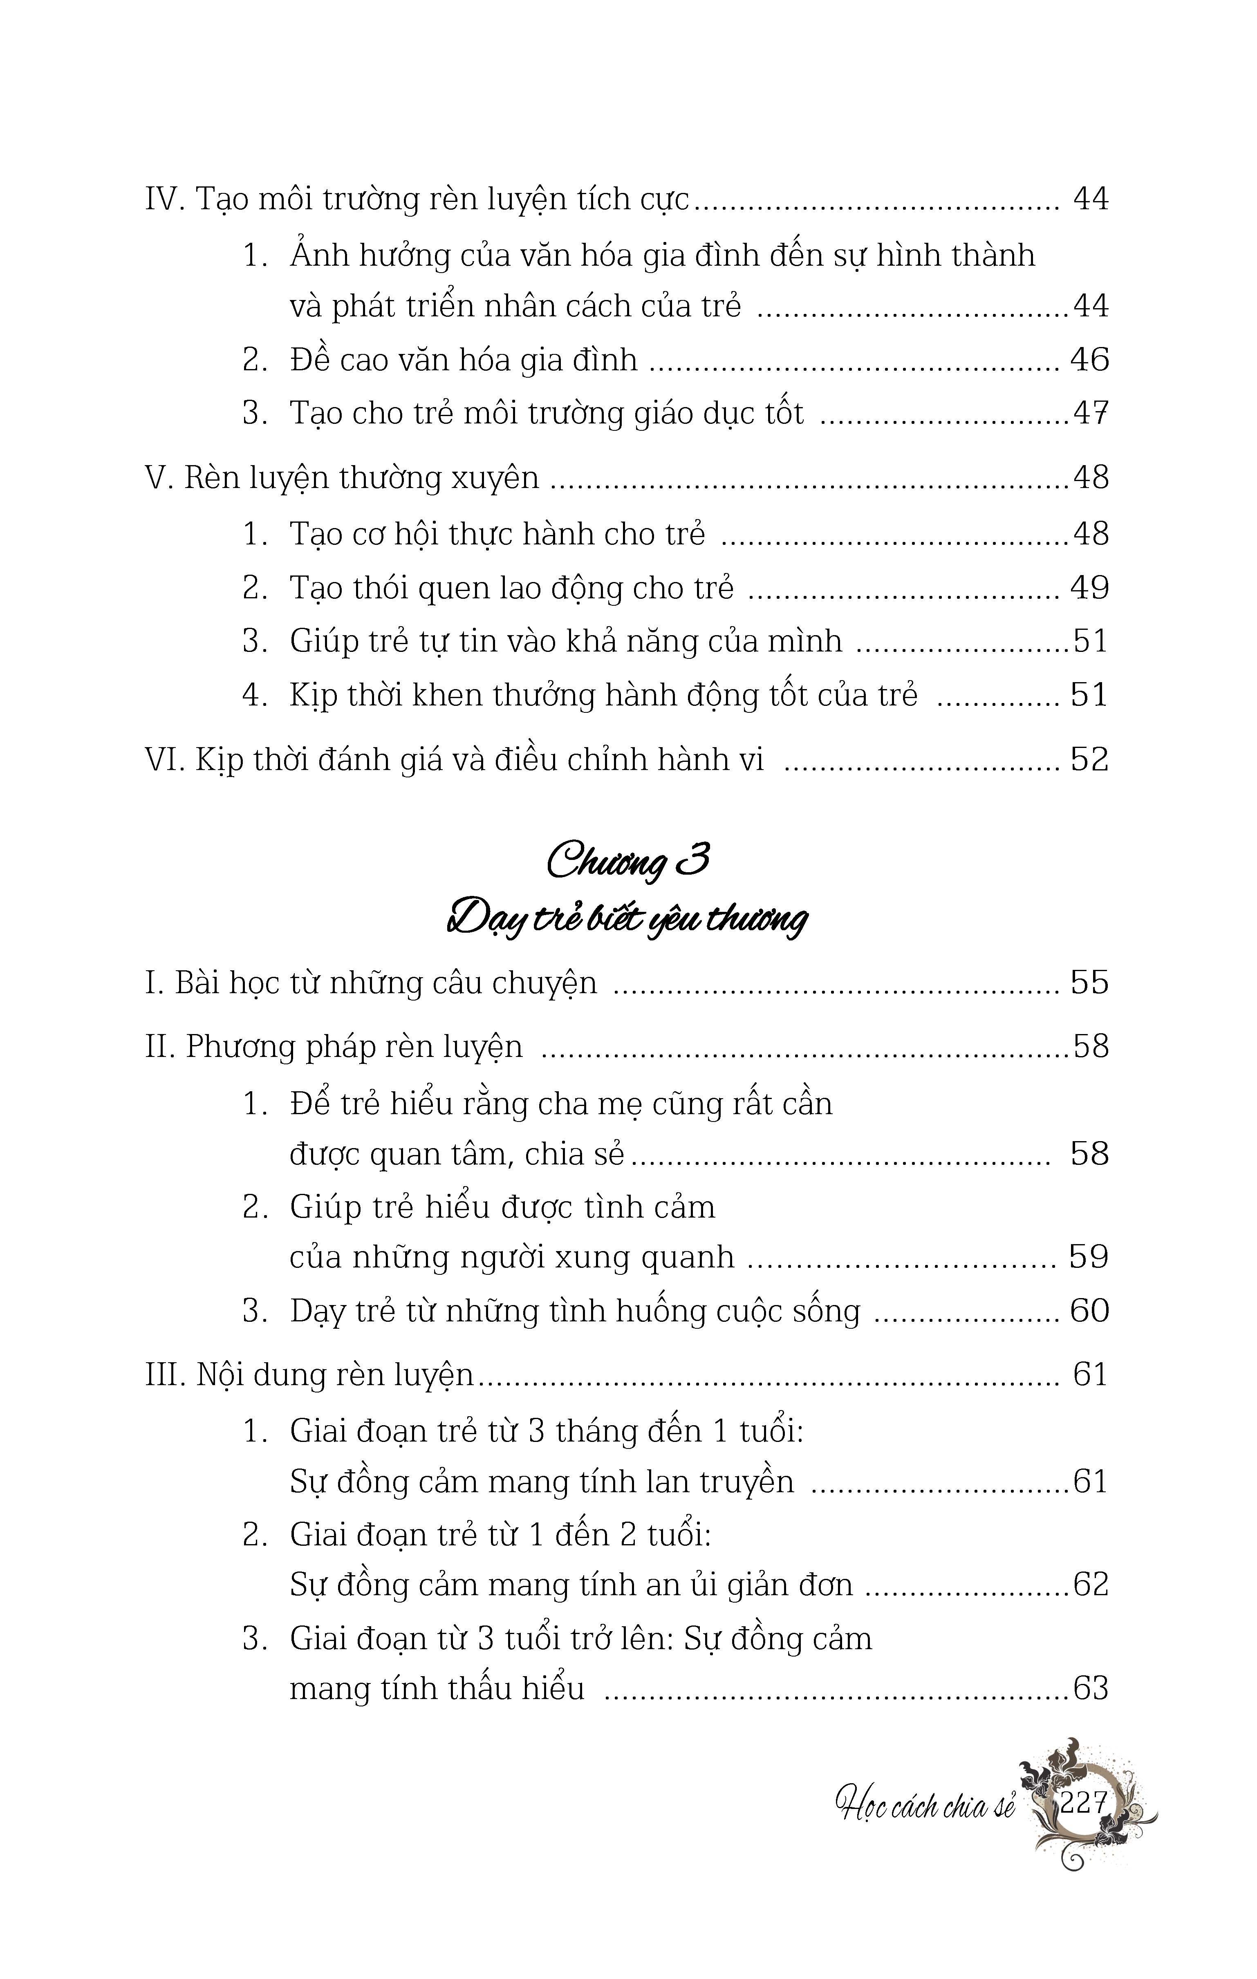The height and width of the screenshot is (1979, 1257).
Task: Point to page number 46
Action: (1089, 360)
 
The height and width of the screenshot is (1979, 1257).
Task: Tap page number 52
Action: (1089, 759)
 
